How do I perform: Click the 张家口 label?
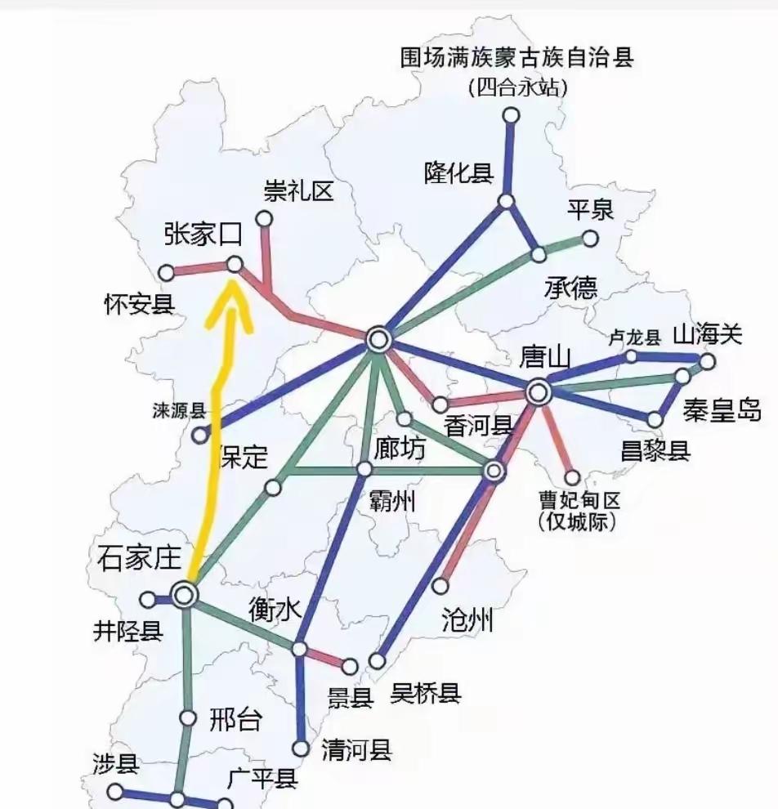pos(203,235)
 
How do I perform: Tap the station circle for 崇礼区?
pos(264,218)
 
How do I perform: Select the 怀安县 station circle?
pos(166,272)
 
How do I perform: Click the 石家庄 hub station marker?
pos(185,595)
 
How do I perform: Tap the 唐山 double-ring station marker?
pos(538,392)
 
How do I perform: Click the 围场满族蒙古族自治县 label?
pos(517,58)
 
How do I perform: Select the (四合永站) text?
pos(517,87)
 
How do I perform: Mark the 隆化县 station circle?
pos(507,201)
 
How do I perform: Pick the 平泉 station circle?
pos(589,239)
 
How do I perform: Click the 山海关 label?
pos(707,334)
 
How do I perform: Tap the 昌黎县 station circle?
pos(655,420)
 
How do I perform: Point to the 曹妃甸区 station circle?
pos(573,477)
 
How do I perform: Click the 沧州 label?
pos(467,620)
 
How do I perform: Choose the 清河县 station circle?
pos(302,748)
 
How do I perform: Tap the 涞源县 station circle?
pos(200,436)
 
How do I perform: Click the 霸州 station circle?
pos(364,469)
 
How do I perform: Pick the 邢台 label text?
pos(236,720)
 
